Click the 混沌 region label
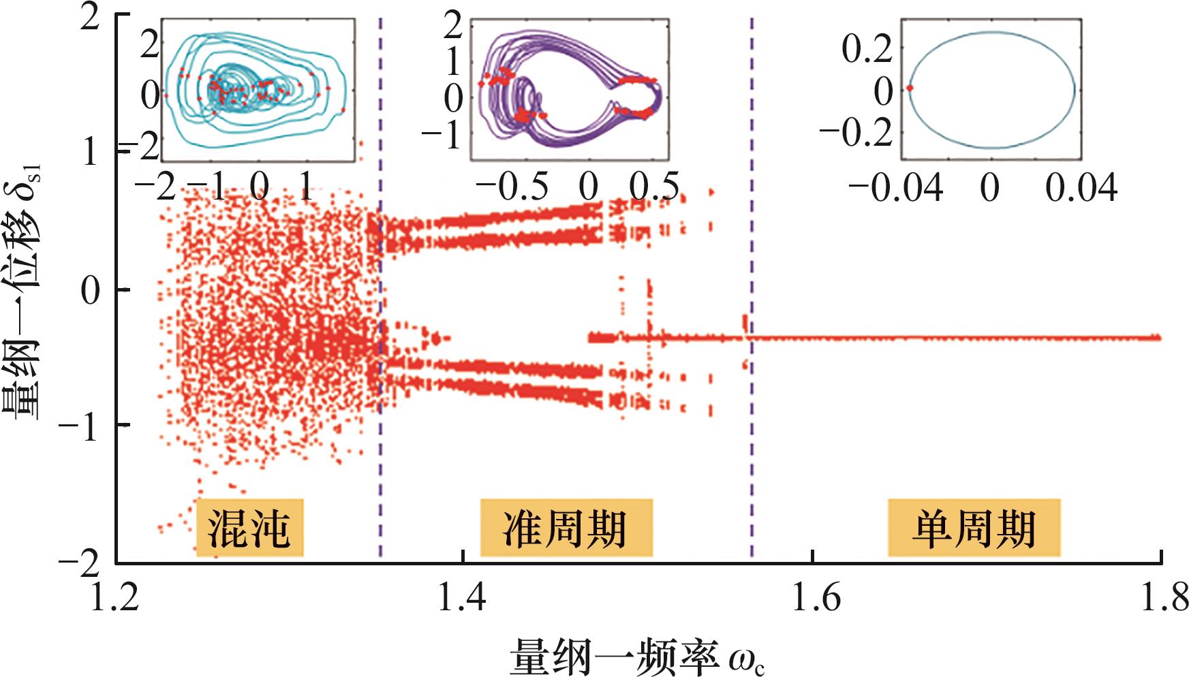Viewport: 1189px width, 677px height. click(x=249, y=528)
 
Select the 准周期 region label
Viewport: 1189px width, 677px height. click(x=566, y=528)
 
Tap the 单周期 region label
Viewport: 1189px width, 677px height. click(x=974, y=528)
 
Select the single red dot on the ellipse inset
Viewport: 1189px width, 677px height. click(x=910, y=89)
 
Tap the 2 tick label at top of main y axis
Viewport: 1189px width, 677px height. click(x=91, y=20)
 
